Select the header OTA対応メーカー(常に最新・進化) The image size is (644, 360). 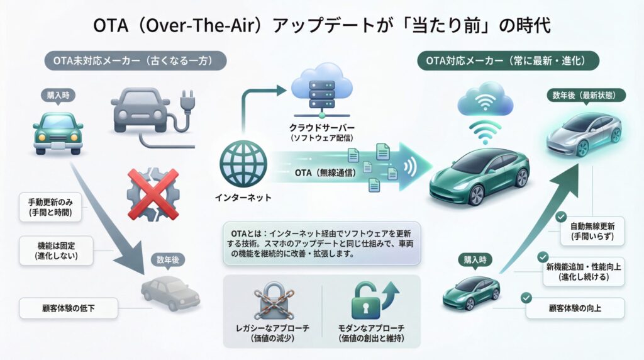(x=508, y=61)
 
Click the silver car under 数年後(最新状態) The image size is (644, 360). (x=583, y=133)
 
